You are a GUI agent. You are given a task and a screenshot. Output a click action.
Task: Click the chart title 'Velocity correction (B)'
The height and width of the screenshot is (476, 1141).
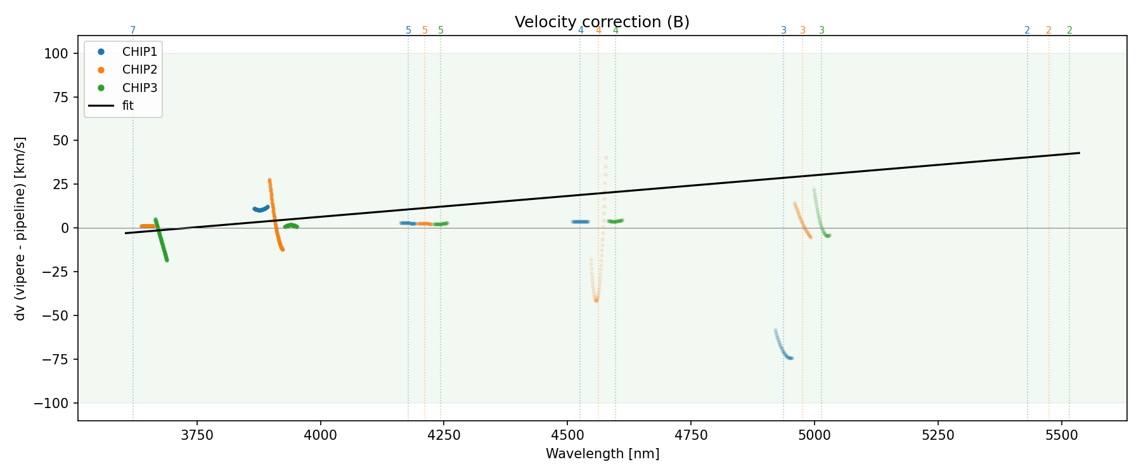(602, 22)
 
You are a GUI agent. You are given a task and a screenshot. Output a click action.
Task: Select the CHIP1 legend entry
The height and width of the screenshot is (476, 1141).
(139, 51)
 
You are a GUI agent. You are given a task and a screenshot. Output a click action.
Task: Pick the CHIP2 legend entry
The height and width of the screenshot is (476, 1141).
(139, 69)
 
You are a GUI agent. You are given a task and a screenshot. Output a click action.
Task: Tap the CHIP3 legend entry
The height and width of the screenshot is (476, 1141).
(139, 88)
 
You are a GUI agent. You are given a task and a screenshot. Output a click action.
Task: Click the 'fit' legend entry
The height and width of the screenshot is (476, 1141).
(127, 105)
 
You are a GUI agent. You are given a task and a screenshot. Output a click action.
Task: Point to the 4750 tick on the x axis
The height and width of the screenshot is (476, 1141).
(691, 435)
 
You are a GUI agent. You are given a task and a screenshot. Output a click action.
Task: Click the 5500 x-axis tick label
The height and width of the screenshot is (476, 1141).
(1061, 435)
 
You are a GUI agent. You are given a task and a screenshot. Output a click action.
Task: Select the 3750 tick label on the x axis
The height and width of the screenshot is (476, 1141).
(197, 435)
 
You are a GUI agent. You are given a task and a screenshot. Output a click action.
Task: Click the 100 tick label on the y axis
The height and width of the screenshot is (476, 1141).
(56, 53)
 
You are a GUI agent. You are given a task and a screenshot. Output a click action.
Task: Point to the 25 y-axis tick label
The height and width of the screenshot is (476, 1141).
(60, 185)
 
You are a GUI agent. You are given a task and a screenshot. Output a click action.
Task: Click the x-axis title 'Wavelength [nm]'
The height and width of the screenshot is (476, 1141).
(602, 454)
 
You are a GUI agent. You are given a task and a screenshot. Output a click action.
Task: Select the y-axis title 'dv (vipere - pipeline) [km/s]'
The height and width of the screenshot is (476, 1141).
(20, 228)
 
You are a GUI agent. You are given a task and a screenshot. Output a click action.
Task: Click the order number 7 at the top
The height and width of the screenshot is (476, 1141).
(132, 30)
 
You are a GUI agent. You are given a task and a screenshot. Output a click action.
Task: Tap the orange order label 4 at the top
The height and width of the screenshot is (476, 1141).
(598, 30)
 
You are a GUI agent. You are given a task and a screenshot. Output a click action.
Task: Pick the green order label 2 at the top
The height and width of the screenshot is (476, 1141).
(1069, 30)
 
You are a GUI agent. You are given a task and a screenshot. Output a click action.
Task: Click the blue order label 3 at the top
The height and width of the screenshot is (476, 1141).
(783, 30)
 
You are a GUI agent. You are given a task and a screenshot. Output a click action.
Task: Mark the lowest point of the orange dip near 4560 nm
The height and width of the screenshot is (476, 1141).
(596, 300)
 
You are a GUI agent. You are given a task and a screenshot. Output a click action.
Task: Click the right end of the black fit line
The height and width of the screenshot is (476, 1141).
(1079, 153)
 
